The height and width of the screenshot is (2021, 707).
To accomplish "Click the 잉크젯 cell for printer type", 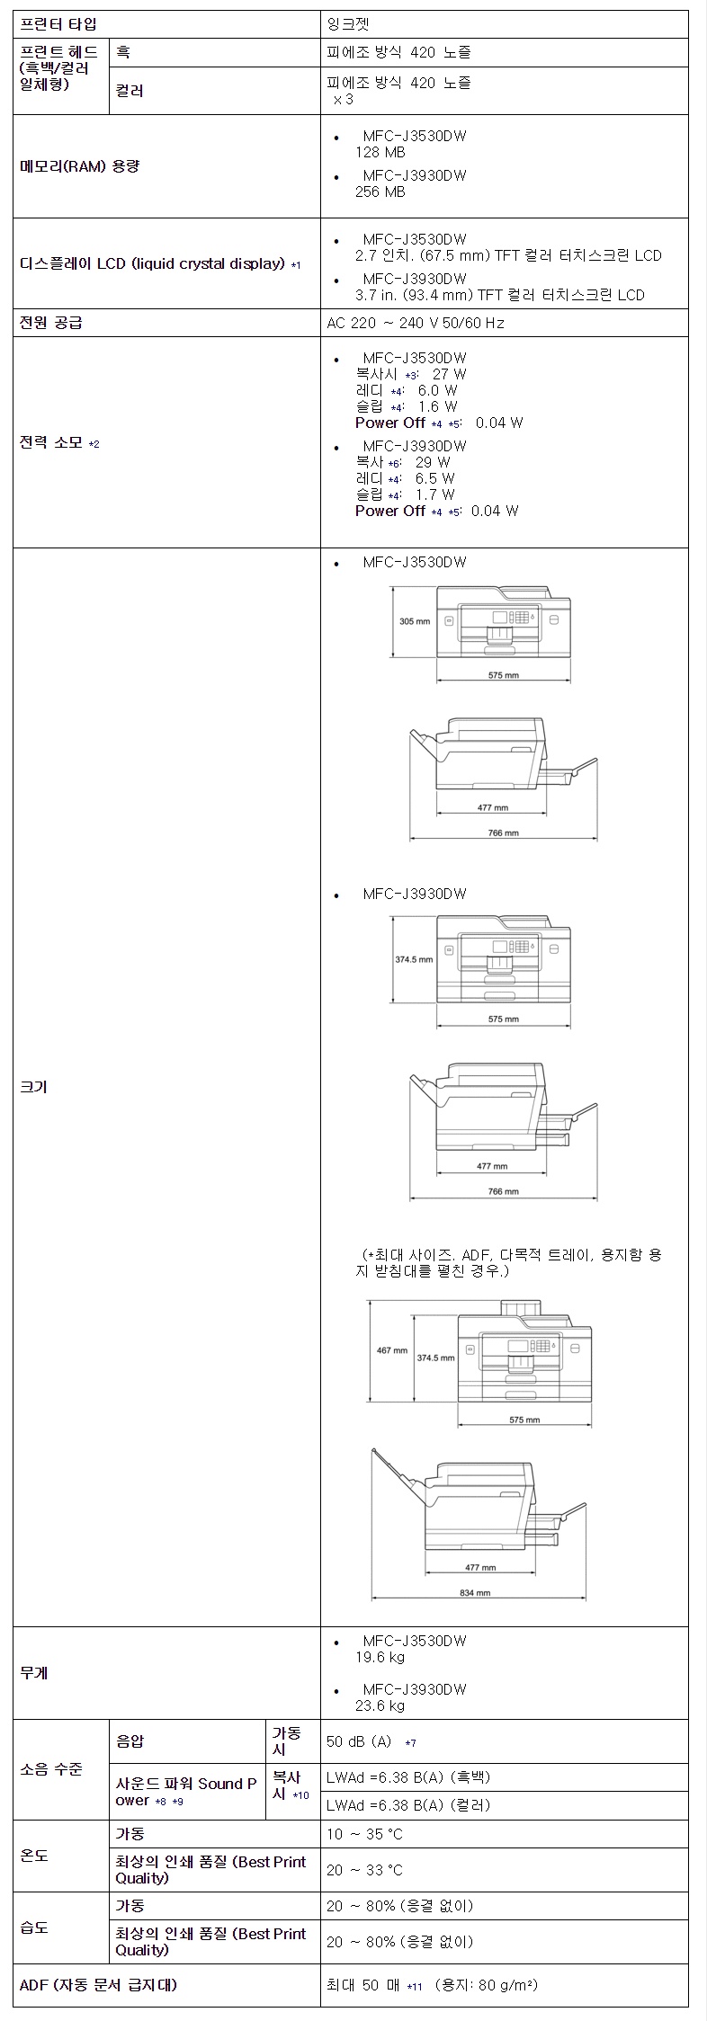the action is pyautogui.click(x=347, y=24).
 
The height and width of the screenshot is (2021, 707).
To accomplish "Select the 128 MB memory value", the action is pyautogui.click(x=380, y=153).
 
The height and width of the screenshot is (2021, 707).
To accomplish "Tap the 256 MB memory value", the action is pyautogui.click(x=380, y=191).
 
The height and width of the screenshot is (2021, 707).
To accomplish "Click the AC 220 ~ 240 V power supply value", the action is pyautogui.click(x=415, y=323).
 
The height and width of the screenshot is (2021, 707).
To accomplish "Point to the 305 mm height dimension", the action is pyautogui.click(x=415, y=621).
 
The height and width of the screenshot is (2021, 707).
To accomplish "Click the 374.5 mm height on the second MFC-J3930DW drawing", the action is pyautogui.click(x=435, y=1358).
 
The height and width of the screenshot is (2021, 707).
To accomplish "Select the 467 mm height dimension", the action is pyautogui.click(x=391, y=1350).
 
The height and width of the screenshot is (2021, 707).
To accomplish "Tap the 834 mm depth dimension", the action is pyautogui.click(x=475, y=1592).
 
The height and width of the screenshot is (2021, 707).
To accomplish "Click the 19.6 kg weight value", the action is pyautogui.click(x=380, y=1657).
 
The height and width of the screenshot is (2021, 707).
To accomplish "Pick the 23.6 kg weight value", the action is pyautogui.click(x=380, y=1705).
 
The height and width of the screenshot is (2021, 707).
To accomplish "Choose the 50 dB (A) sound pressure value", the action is pyautogui.click(x=359, y=1741).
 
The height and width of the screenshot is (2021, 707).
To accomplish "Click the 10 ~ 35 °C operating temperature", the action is pyautogui.click(x=364, y=1834).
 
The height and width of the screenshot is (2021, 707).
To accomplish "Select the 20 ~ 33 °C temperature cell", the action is pyautogui.click(x=364, y=1870).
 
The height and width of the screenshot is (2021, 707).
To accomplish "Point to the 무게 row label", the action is pyautogui.click(x=34, y=1672).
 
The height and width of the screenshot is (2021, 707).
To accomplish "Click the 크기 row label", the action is pyautogui.click(x=34, y=1087).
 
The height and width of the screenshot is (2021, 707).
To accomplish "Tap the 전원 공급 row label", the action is pyautogui.click(x=51, y=323).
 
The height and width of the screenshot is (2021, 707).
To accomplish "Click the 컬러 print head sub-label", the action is pyautogui.click(x=130, y=91).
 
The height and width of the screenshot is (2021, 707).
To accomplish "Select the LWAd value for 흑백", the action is pyautogui.click(x=408, y=1777).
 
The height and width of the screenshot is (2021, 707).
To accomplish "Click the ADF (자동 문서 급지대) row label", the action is pyautogui.click(x=98, y=1985).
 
